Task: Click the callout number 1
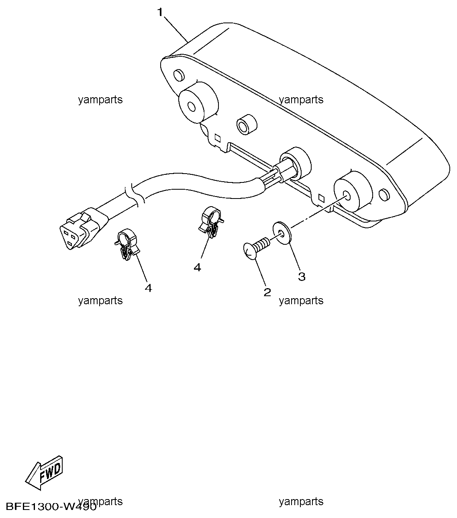click(x=160, y=12)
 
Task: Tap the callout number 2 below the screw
click(x=267, y=292)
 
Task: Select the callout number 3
click(x=302, y=276)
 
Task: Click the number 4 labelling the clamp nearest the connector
click(x=148, y=288)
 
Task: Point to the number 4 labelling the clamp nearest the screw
click(x=197, y=267)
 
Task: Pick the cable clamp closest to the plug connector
click(x=126, y=245)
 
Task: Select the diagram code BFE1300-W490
click(x=51, y=506)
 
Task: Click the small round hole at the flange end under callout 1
click(x=179, y=75)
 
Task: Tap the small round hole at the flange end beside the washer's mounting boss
click(x=384, y=195)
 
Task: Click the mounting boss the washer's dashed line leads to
click(x=353, y=192)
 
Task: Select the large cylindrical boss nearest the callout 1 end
click(x=198, y=102)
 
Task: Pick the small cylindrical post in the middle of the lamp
click(x=247, y=125)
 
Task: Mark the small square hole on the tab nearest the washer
click(x=321, y=197)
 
